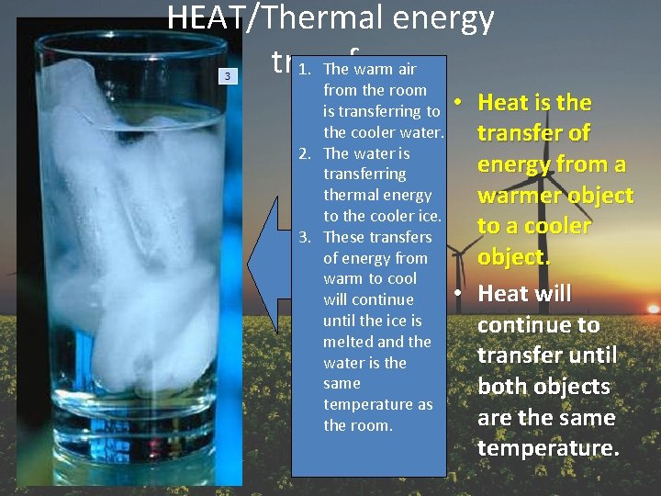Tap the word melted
pos(350,342)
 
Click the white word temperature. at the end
pos(549,449)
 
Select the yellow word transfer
pos(521,133)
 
